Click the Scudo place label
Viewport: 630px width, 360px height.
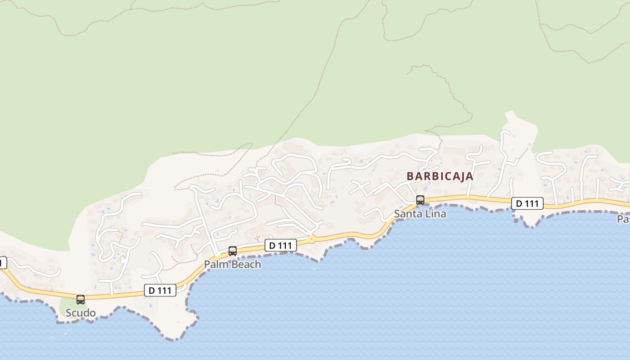click(x=81, y=313)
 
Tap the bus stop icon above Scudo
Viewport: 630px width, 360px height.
click(x=81, y=300)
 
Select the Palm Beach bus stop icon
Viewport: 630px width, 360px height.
click(x=233, y=251)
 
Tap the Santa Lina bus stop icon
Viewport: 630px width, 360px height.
click(x=420, y=200)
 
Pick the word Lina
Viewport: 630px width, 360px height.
click(x=435, y=214)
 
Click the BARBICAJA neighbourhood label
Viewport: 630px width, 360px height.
click(x=440, y=176)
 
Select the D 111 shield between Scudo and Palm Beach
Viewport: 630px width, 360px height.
click(x=160, y=290)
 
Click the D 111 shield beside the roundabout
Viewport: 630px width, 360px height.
click(x=281, y=245)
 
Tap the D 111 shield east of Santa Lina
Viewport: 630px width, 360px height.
click(x=527, y=203)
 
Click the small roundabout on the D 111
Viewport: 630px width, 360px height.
click(x=311, y=238)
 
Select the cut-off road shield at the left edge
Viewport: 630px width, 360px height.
click(x=3, y=263)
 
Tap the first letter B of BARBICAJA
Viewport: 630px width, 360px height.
click(x=410, y=176)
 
